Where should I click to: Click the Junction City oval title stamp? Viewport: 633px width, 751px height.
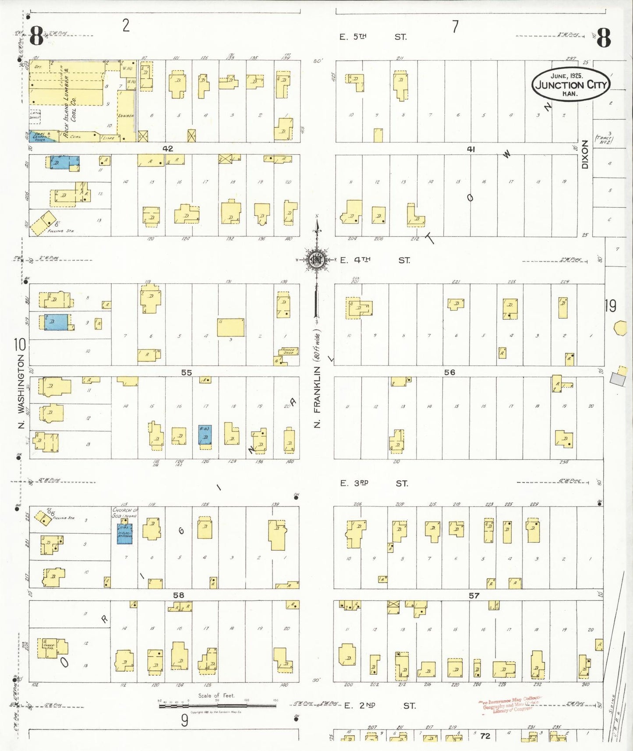pos(570,84)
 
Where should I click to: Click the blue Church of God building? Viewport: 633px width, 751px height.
pos(124,533)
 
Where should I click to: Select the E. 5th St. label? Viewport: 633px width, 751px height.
pos(373,37)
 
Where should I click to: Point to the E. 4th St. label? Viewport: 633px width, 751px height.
pos(375,260)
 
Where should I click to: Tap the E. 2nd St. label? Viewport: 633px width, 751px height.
pos(379,705)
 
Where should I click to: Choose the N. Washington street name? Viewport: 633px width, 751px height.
pos(21,391)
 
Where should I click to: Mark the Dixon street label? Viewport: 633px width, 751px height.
pos(585,154)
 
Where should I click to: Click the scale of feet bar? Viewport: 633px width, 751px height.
pos(217,706)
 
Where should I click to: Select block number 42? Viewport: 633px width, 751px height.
pos(167,149)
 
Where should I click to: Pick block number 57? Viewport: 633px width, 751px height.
pos(474,595)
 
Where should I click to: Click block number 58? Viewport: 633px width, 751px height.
pos(178,595)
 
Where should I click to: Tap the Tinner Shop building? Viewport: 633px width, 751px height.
pos(289,351)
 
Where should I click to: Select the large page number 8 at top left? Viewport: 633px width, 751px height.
pos(36,36)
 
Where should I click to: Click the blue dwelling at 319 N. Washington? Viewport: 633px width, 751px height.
pos(56,322)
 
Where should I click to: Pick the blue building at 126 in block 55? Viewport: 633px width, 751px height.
pos(205,435)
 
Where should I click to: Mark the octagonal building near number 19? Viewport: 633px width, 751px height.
pos(619,328)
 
